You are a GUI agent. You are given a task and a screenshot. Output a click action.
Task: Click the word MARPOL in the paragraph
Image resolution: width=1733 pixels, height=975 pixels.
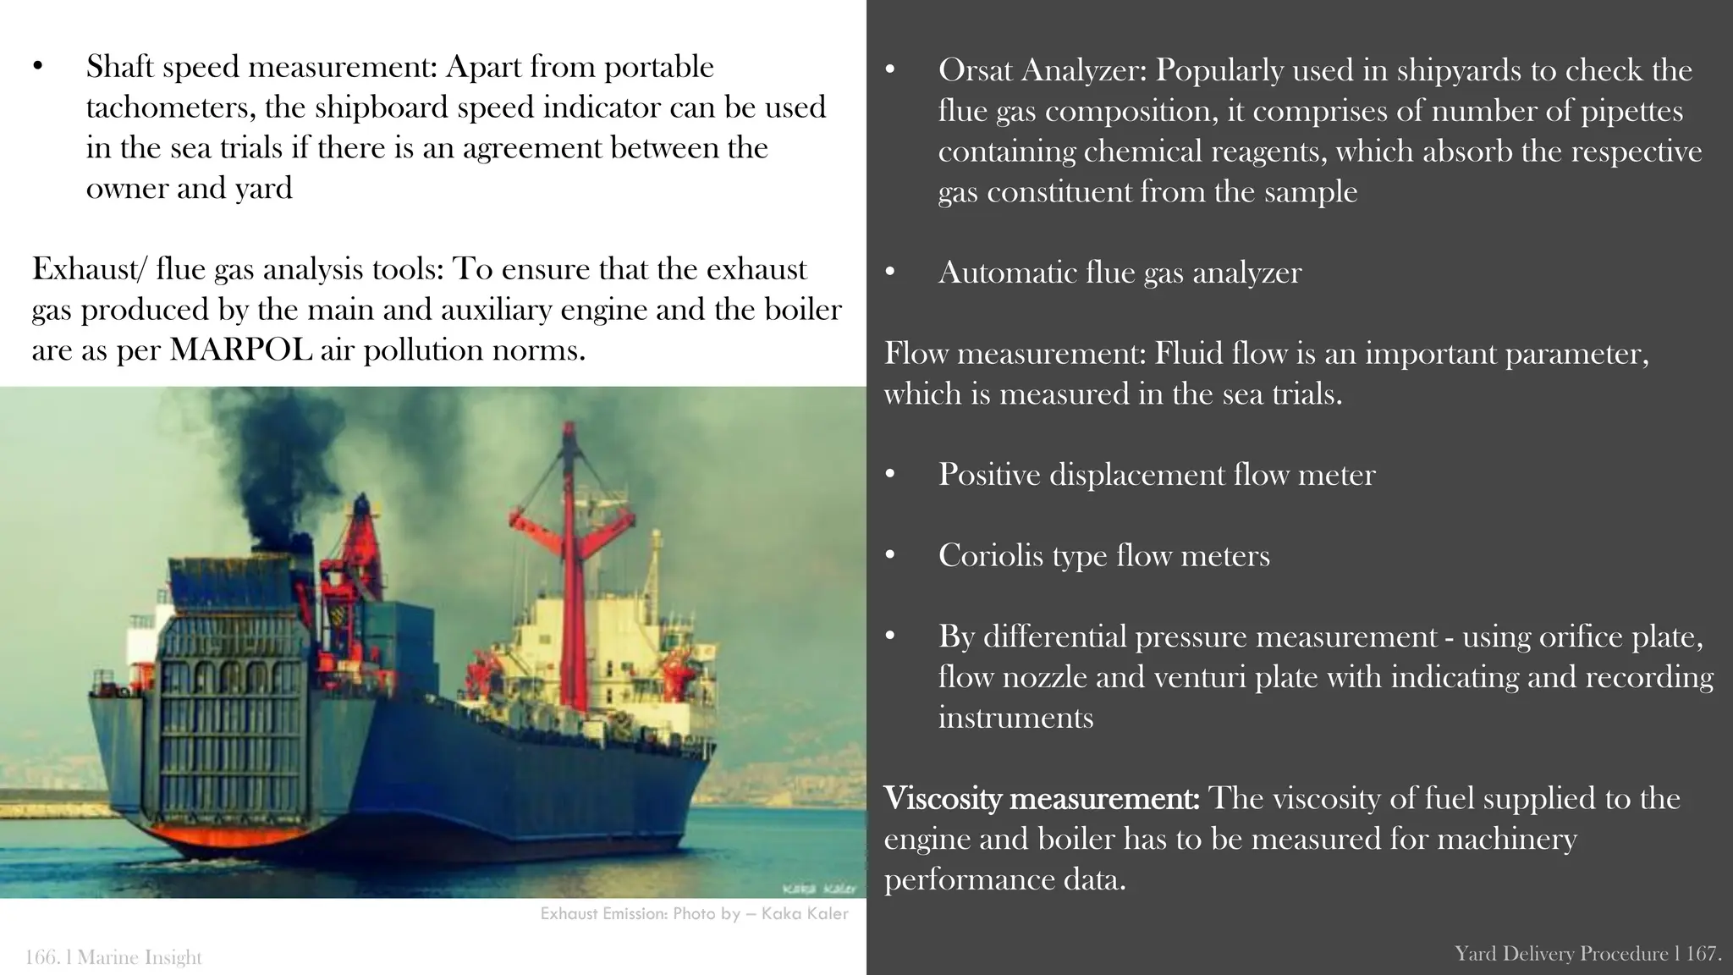click(x=241, y=350)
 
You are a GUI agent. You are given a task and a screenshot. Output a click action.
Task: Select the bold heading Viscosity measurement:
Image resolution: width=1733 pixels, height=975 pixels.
click(x=1041, y=798)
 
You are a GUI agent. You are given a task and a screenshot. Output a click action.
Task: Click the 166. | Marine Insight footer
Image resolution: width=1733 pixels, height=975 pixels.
click(x=113, y=957)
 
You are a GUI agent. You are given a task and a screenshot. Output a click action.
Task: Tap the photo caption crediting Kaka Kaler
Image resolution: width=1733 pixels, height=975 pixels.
click(x=694, y=914)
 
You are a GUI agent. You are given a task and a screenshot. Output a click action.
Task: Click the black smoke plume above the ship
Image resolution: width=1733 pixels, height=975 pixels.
click(x=279, y=474)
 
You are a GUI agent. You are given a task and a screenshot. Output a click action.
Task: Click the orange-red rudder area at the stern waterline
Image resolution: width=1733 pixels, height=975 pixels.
click(x=220, y=838)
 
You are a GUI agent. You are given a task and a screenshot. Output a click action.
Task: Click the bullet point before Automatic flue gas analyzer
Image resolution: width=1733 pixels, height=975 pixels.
click(x=889, y=273)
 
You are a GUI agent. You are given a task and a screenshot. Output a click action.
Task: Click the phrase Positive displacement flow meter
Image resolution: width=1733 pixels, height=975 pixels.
click(x=1156, y=475)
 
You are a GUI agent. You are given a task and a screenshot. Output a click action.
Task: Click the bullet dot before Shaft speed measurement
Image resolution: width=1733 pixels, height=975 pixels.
click(x=37, y=68)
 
